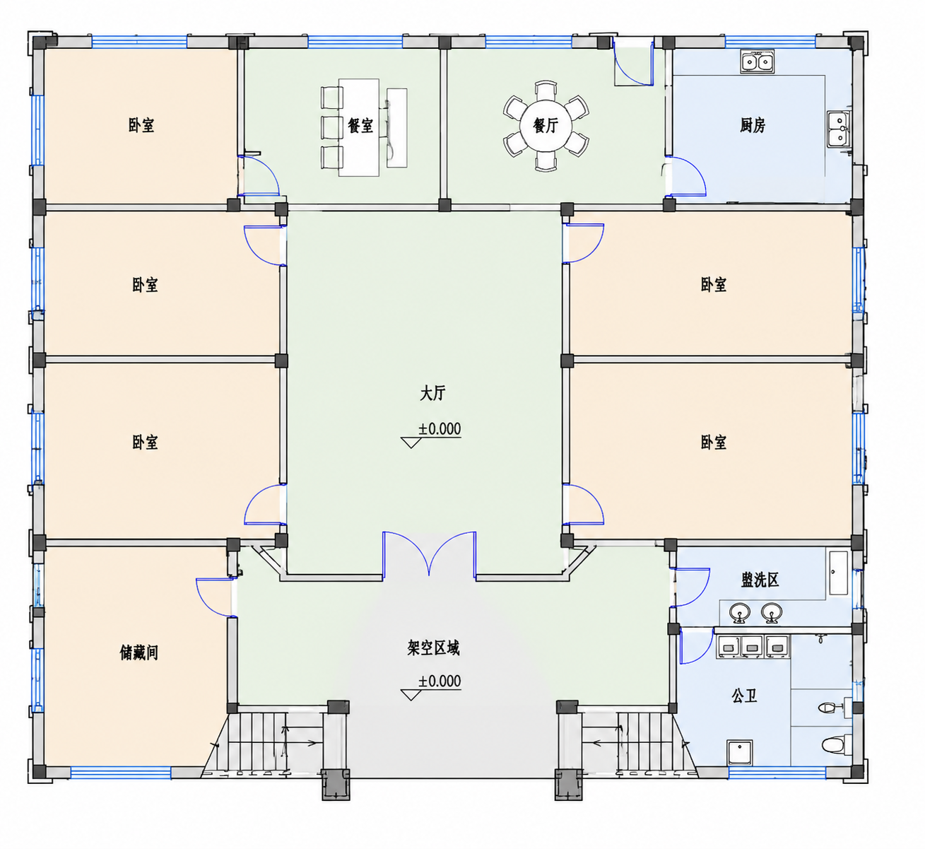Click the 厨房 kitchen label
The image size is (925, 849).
pyautogui.click(x=753, y=125)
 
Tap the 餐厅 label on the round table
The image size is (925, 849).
pyautogui.click(x=546, y=125)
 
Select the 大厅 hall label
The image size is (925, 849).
pyautogui.click(x=432, y=394)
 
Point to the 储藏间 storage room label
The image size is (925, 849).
pyautogui.click(x=139, y=652)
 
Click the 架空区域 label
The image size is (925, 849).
pyautogui.click(x=433, y=648)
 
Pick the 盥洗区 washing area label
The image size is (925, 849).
pyautogui.click(x=760, y=580)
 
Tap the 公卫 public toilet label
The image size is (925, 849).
pyautogui.click(x=744, y=696)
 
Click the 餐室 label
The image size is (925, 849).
pyautogui.click(x=360, y=125)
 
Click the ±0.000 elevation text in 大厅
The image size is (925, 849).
pyautogui.click(x=440, y=429)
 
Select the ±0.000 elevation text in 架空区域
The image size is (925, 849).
pyautogui.click(x=440, y=681)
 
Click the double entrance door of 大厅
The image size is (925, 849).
pyautogui.click(x=429, y=554)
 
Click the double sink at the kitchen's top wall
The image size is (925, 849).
pyautogui.click(x=757, y=62)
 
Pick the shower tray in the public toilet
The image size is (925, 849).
pyautogui.click(x=740, y=753)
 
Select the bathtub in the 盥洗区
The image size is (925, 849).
pyautogui.click(x=838, y=573)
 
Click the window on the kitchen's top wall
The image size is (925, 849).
pyautogui.click(x=770, y=42)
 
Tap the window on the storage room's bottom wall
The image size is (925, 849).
pyautogui.click(x=120, y=773)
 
